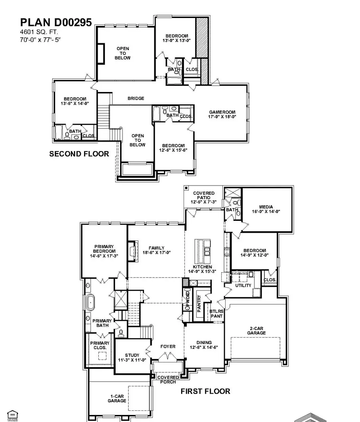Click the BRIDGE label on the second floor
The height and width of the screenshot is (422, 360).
point(136,98)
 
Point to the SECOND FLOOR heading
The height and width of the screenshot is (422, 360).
point(79,154)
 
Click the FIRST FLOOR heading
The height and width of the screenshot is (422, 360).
point(205,391)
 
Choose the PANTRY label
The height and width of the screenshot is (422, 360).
point(199,303)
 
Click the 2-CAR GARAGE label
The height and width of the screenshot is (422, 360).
point(256,330)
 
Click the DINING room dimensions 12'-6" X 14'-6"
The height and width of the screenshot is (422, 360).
point(204,348)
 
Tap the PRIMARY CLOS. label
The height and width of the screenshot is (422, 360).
point(100,345)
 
